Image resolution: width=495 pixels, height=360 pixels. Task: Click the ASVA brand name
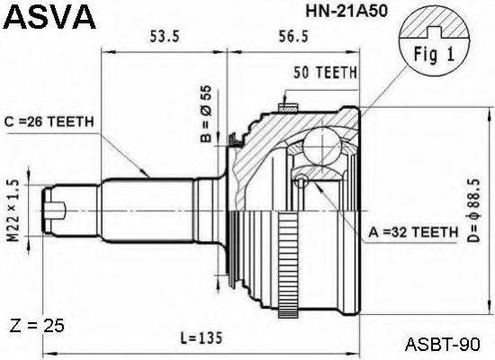48,16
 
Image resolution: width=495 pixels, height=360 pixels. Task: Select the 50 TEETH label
325,72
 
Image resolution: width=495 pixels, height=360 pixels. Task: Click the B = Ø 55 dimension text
206,115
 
